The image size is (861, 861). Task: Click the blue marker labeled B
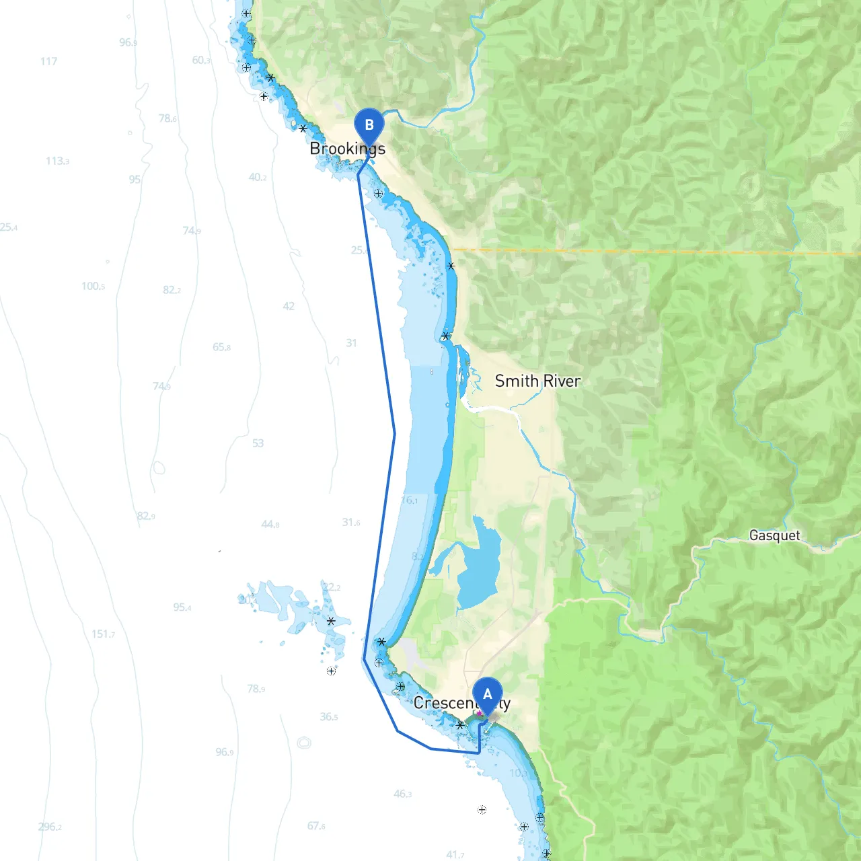tap(369, 126)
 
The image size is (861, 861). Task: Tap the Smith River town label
tap(537, 381)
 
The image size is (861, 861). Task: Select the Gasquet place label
tap(774, 535)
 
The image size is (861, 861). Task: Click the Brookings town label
tap(347, 149)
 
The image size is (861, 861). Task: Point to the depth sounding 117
tap(48, 61)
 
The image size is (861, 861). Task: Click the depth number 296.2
tap(50, 827)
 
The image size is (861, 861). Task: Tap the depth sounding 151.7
tap(103, 634)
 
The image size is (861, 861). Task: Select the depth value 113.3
tap(57, 161)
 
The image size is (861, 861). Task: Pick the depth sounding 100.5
tap(93, 286)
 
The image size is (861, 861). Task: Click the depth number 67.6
tap(316, 825)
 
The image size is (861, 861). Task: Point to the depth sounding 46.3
tap(402, 794)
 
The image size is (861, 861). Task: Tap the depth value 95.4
tap(182, 607)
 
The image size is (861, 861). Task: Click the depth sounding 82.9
tap(146, 516)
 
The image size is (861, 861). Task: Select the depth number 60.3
tap(200, 60)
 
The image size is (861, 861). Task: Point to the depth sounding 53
tap(258, 443)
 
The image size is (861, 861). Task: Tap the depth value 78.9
tap(256, 689)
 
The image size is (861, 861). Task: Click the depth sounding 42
tap(289, 306)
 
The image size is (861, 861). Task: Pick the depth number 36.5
tap(329, 716)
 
